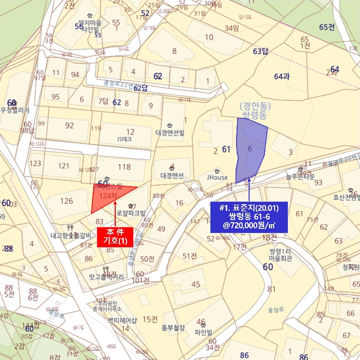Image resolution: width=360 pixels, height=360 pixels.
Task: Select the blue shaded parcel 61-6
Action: pyautogui.click(x=250, y=149)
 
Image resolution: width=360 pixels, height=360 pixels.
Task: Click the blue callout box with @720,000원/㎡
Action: pyautogui.click(x=249, y=217)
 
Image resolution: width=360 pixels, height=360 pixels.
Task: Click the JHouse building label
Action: pyautogui.click(x=217, y=177)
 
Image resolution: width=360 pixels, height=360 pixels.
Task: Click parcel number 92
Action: pyautogui.click(x=69, y=125)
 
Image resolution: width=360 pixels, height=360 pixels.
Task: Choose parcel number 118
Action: pyautogui.click(x=124, y=167)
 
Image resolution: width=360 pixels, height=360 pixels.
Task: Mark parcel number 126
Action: pyautogui.click(x=67, y=201)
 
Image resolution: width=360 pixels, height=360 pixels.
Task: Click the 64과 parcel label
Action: pyautogui.click(x=282, y=77)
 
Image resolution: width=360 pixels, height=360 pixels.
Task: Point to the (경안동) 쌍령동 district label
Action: pyautogui.click(x=254, y=111)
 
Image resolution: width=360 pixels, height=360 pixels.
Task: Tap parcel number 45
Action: pyautogui.click(x=195, y=284)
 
